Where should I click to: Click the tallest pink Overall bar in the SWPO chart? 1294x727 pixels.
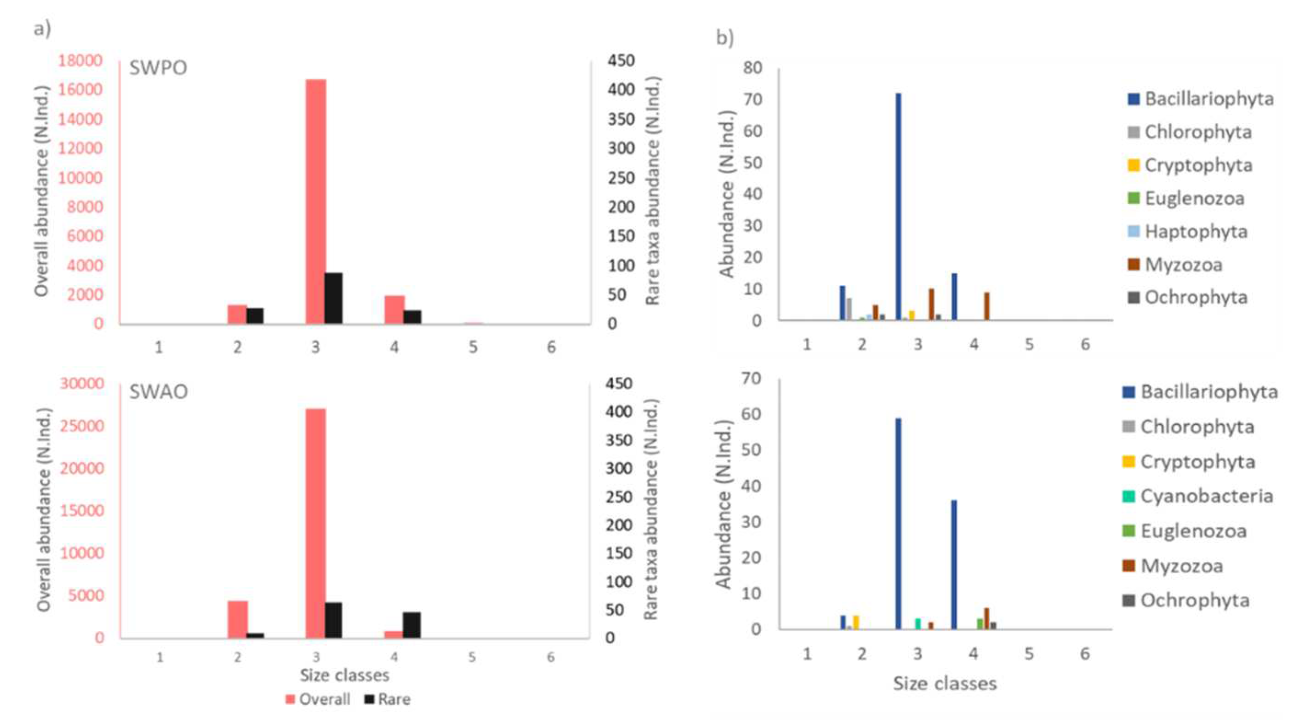coord(316,201)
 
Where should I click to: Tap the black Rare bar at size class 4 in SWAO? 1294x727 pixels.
coord(412,624)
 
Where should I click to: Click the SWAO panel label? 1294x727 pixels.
coord(159,391)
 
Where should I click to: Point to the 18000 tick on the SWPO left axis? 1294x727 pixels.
coord(80,61)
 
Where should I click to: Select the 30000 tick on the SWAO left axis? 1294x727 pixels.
coord(82,384)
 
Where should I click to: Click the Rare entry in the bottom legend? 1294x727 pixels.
coord(388,699)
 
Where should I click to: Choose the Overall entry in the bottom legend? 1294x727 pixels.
coord(318,699)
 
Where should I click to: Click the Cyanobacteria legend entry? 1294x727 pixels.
coord(1198,496)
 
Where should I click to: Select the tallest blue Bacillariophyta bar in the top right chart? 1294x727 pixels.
coord(899,206)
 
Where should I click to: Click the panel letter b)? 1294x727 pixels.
coord(724,38)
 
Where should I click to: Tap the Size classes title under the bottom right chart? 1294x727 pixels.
coord(944,683)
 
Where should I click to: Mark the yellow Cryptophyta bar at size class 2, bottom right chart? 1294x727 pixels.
coord(856,622)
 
